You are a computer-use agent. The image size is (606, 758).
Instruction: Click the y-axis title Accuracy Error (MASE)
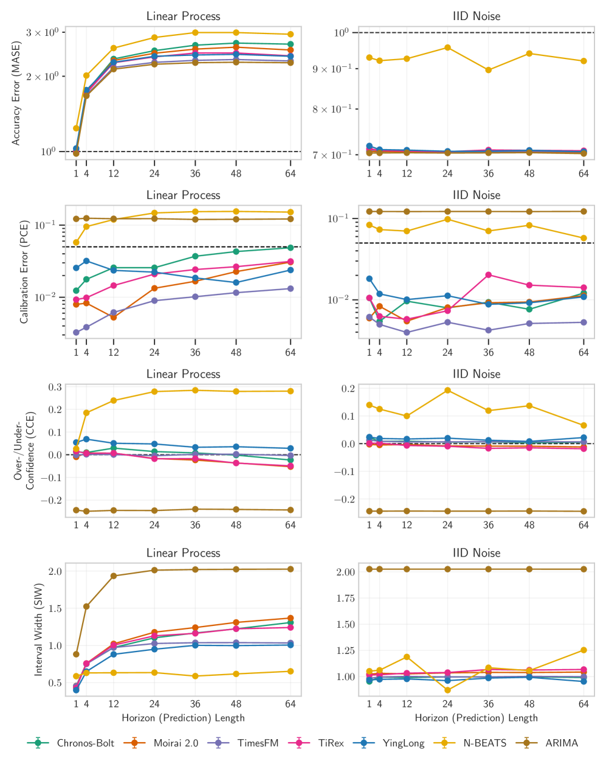(16, 93)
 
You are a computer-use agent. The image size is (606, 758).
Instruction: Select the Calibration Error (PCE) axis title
(24, 272)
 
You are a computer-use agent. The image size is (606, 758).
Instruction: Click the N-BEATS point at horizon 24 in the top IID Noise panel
(447, 47)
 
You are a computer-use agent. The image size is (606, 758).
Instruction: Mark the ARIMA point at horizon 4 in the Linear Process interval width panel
(86, 607)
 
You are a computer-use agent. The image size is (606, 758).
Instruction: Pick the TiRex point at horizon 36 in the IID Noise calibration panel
(489, 275)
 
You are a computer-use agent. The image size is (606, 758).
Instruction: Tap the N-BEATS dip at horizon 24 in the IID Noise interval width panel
(447, 690)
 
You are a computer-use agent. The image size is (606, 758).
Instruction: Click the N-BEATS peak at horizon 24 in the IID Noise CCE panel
(447, 390)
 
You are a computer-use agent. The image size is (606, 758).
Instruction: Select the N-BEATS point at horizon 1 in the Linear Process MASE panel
(76, 128)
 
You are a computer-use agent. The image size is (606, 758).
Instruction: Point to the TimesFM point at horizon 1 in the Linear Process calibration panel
(76, 333)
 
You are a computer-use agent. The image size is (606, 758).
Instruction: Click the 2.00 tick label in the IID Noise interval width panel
(345, 572)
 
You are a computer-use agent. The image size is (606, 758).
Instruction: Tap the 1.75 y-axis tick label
(345, 598)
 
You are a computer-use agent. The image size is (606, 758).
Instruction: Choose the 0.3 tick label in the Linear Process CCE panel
(55, 387)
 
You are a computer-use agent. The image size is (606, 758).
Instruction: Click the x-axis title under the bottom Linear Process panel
(183, 718)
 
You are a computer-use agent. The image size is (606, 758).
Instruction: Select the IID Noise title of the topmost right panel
(477, 16)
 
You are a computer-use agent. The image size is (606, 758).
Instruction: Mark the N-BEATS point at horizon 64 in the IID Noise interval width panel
(584, 650)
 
